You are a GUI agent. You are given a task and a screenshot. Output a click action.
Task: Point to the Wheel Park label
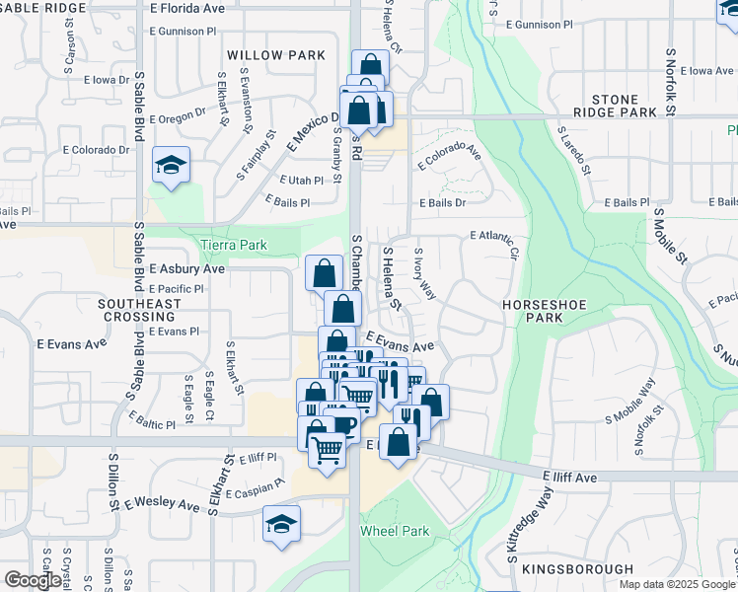click(x=395, y=531)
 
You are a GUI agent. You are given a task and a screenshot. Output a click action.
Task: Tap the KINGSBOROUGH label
click(x=577, y=569)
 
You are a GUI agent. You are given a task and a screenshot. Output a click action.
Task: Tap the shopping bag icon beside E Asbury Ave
click(x=325, y=274)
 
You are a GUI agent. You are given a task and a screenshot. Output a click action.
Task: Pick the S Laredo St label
click(x=573, y=150)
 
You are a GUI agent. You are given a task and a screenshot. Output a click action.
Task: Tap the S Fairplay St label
click(x=256, y=153)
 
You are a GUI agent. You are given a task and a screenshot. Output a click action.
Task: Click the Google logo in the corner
click(x=33, y=580)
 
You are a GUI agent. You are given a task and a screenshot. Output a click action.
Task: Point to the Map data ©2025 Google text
click(x=677, y=584)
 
